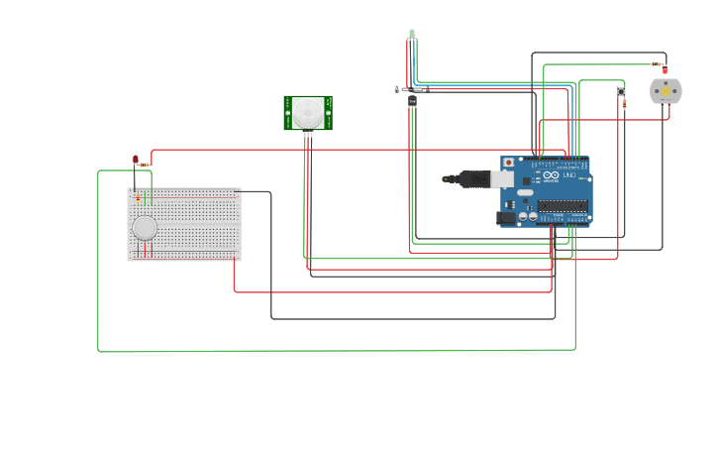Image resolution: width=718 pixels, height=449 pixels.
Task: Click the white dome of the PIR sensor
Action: [308, 111]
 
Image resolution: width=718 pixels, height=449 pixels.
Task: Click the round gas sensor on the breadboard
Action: [145, 228]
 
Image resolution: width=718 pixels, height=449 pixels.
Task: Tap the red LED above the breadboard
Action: [136, 159]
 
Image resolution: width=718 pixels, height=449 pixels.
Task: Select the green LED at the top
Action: [412, 34]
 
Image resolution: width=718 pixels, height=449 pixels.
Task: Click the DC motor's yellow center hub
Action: [666, 91]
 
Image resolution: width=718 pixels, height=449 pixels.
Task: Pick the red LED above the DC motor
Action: [665, 70]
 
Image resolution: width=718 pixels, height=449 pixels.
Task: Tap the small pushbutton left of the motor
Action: [621, 91]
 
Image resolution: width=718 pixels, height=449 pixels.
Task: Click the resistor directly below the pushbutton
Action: [624, 104]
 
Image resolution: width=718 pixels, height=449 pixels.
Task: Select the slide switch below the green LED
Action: [411, 89]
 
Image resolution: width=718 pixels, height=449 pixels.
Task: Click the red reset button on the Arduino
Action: [509, 163]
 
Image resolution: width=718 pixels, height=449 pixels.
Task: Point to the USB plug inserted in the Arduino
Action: [472, 178]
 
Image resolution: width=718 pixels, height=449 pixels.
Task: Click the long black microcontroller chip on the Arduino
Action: [563, 205]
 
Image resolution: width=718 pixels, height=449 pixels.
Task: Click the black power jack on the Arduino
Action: [506, 217]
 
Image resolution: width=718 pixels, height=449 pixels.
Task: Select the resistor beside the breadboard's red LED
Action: [145, 165]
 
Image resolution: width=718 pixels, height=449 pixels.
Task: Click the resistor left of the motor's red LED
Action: [656, 64]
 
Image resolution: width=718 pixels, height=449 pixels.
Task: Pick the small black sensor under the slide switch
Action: [412, 100]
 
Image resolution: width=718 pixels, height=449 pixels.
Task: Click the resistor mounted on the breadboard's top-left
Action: [138, 197]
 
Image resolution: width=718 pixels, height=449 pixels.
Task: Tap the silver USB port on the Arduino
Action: [503, 178]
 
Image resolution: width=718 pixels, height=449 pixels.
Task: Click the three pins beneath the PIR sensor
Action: [308, 135]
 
